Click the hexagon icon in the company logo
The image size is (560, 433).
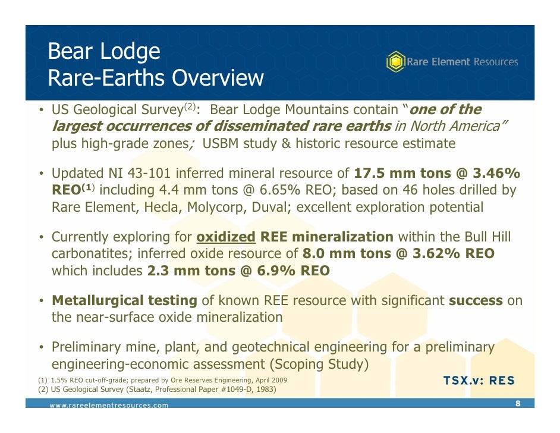click(x=395, y=62)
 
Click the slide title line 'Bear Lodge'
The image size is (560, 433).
click(x=103, y=52)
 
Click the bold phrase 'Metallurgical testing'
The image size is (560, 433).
click(x=124, y=300)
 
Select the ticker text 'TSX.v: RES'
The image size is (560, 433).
click(x=479, y=381)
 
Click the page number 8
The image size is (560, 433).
click(x=518, y=404)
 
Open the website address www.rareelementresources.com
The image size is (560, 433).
click(x=109, y=405)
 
